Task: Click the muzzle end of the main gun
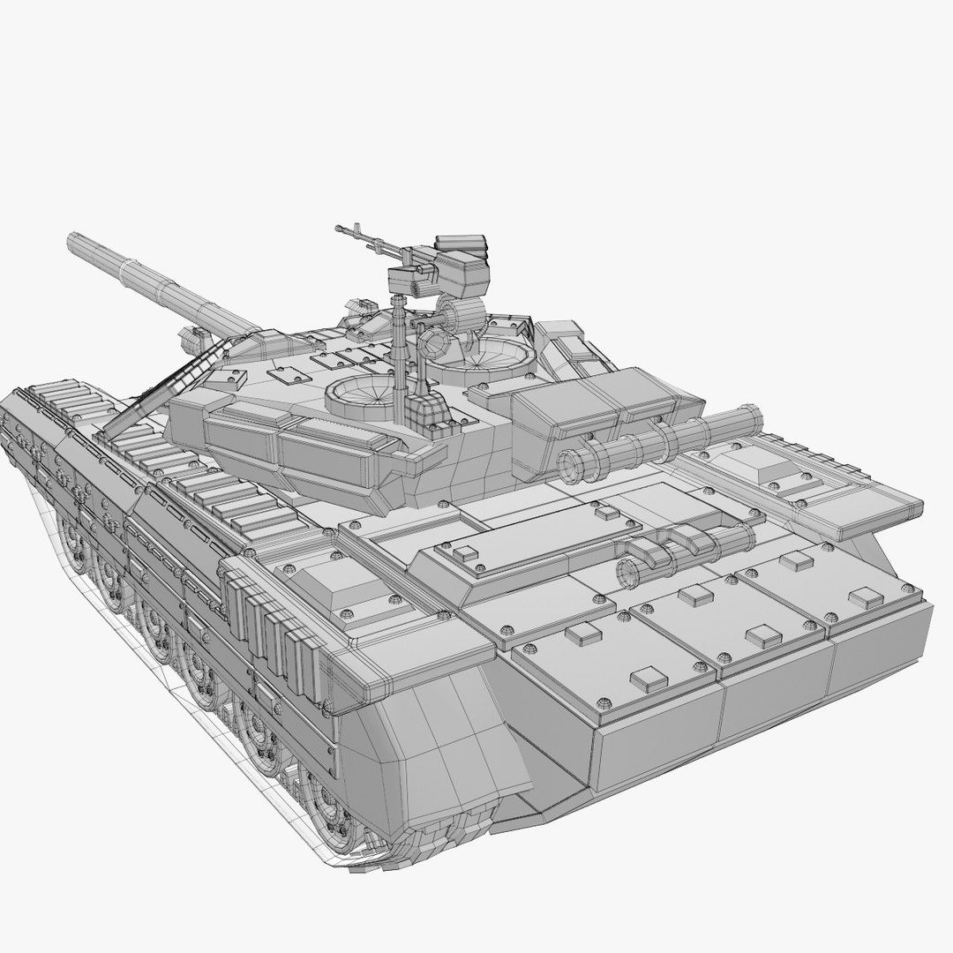click(x=73, y=240)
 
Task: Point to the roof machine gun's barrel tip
click(x=339, y=229)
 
